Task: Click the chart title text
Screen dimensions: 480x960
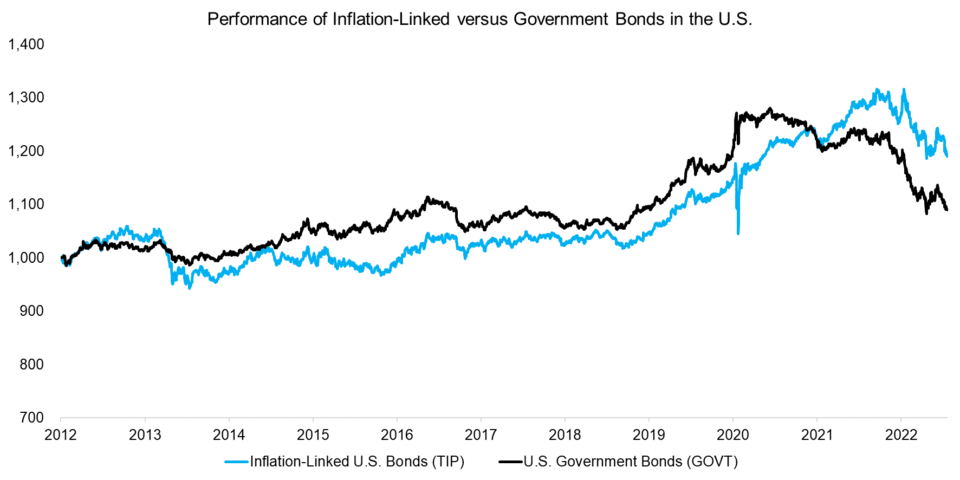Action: click(x=479, y=20)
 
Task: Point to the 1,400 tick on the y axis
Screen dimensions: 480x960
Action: click(x=27, y=44)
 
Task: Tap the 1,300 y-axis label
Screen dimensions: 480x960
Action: click(x=27, y=98)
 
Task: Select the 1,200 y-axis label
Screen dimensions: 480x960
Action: click(x=27, y=151)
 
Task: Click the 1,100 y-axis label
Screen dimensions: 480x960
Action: click(x=27, y=204)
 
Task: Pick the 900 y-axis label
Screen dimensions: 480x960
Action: click(x=32, y=311)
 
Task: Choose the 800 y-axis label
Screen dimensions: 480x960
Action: click(x=32, y=364)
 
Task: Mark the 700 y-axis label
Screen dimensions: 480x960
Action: click(x=32, y=418)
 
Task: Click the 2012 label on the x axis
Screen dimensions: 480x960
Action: click(x=61, y=435)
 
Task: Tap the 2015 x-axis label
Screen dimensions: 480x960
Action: click(x=313, y=435)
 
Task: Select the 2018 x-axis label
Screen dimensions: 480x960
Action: click(x=565, y=435)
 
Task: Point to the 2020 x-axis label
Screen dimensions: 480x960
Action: click(x=733, y=435)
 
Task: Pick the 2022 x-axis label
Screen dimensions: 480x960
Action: click(x=901, y=435)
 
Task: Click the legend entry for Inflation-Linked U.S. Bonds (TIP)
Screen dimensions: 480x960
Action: click(x=357, y=462)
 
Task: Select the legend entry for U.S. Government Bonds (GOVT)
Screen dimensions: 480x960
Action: click(x=631, y=462)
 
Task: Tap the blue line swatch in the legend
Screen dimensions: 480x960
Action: click(x=237, y=462)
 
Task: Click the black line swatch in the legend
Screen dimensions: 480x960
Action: click(x=510, y=462)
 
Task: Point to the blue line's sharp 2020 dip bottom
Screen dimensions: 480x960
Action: click(x=738, y=233)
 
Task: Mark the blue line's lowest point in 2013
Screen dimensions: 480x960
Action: click(x=189, y=288)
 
